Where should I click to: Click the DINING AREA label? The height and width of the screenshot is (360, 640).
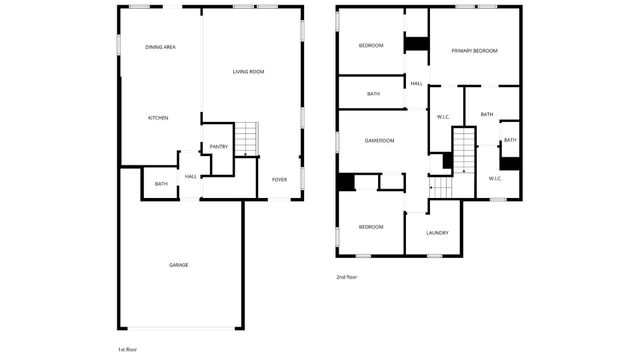coord(160,47)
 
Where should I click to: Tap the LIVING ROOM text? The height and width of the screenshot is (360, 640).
coord(248,71)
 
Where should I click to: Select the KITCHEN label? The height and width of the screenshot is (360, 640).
coord(158,118)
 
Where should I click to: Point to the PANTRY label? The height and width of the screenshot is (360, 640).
coord(219,147)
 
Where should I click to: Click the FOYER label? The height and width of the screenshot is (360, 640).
coord(279,179)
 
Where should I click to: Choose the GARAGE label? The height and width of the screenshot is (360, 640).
coord(178,264)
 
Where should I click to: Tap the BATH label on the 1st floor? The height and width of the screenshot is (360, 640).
coord(161,184)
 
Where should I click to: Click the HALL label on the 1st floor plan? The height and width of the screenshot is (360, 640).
coord(190,177)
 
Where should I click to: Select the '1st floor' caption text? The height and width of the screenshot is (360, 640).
coord(127,349)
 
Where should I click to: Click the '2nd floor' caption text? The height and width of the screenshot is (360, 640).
coord(346,277)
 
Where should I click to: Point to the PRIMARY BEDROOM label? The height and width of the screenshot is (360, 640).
coord(474,50)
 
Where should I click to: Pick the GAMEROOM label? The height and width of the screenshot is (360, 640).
coord(379,140)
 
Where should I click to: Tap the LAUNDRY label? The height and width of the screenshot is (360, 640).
coord(437,233)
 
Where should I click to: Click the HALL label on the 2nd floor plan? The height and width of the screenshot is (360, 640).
coord(416,83)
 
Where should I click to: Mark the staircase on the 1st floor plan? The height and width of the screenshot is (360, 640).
coord(247,139)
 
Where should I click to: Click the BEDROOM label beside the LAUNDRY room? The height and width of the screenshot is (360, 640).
coord(370,227)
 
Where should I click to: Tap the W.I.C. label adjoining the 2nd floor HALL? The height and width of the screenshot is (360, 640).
coord(443,117)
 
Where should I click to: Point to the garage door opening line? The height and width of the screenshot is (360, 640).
coord(180,329)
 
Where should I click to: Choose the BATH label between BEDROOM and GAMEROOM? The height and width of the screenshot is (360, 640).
coord(373,94)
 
